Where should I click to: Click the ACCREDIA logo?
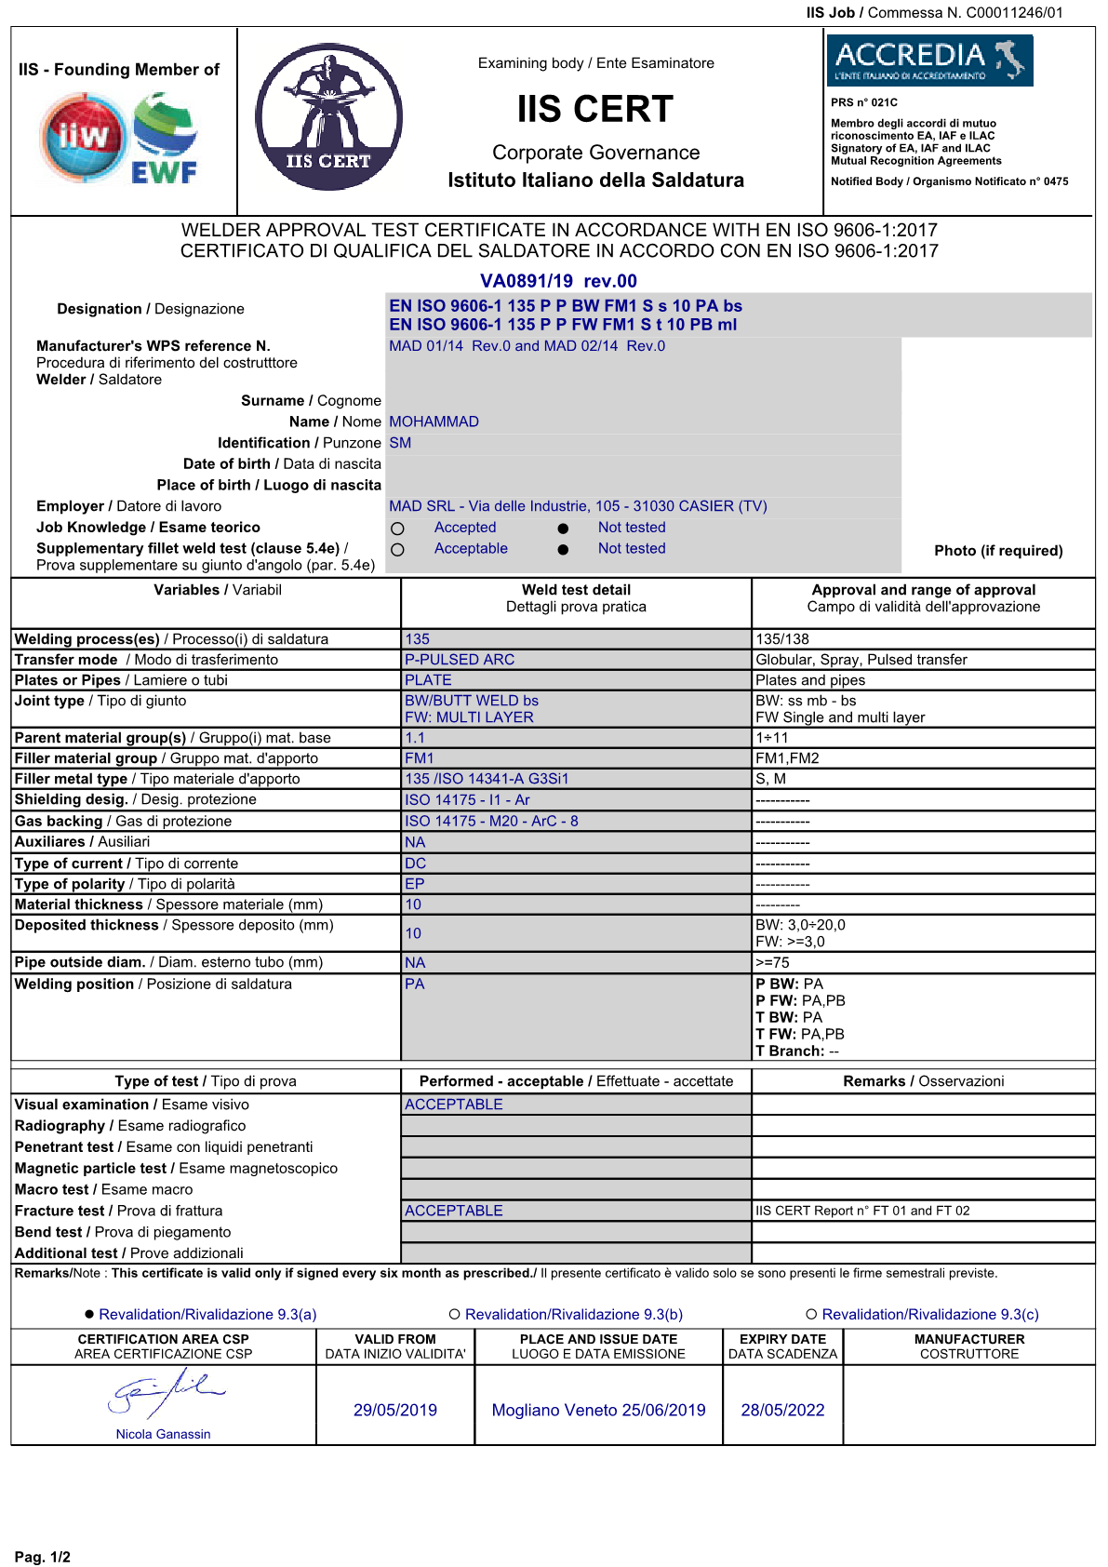[929, 60]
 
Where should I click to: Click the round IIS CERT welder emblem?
[328, 117]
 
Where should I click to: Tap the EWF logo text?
[164, 172]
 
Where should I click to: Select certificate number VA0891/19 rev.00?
[558, 281]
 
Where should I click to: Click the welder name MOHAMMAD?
[434, 422]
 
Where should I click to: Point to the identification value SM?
[400, 443]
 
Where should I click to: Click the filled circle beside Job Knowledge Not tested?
[563, 529]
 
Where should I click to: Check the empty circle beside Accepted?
[398, 529]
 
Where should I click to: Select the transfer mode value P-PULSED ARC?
[460, 660]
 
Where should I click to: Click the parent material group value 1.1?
[415, 738]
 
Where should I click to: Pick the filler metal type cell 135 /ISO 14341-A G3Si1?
[487, 779]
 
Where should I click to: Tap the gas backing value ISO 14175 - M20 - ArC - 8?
[491, 821]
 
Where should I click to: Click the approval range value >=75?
[772, 962]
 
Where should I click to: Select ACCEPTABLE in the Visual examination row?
[454, 1105]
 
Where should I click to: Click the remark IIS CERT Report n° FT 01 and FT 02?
[862, 1211]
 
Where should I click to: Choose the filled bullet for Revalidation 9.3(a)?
[89, 1314]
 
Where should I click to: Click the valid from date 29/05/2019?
[395, 1410]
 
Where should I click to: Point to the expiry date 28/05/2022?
[782, 1410]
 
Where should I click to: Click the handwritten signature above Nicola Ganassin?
[166, 1392]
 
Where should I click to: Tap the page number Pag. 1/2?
[43, 1557]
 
